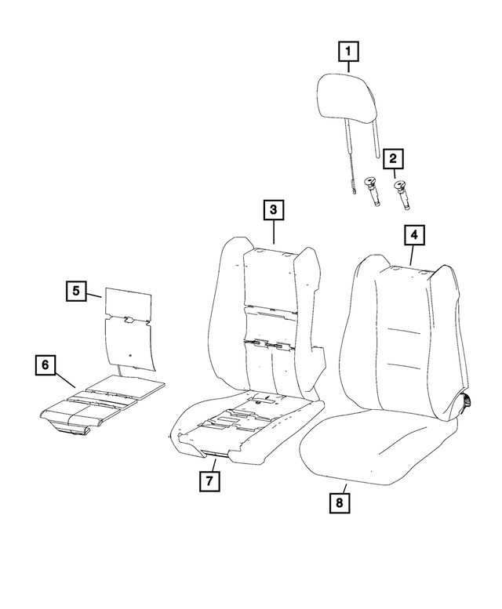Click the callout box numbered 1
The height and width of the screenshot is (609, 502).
pos(349,53)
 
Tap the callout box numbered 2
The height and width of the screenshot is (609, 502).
pos(393,161)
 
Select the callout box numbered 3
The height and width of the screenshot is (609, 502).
pos(273,210)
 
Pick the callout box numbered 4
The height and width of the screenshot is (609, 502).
pos(413,234)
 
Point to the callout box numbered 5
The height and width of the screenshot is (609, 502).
pos(76,292)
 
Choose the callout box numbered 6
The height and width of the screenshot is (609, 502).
pos(45,364)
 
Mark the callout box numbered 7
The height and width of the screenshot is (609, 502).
pos(209,481)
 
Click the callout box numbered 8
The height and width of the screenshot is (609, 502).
pos(339,502)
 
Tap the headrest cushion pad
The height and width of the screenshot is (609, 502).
pos(350,101)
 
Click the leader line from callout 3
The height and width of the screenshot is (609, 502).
pos(274,232)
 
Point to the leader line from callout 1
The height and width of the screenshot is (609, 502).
pos(349,69)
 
